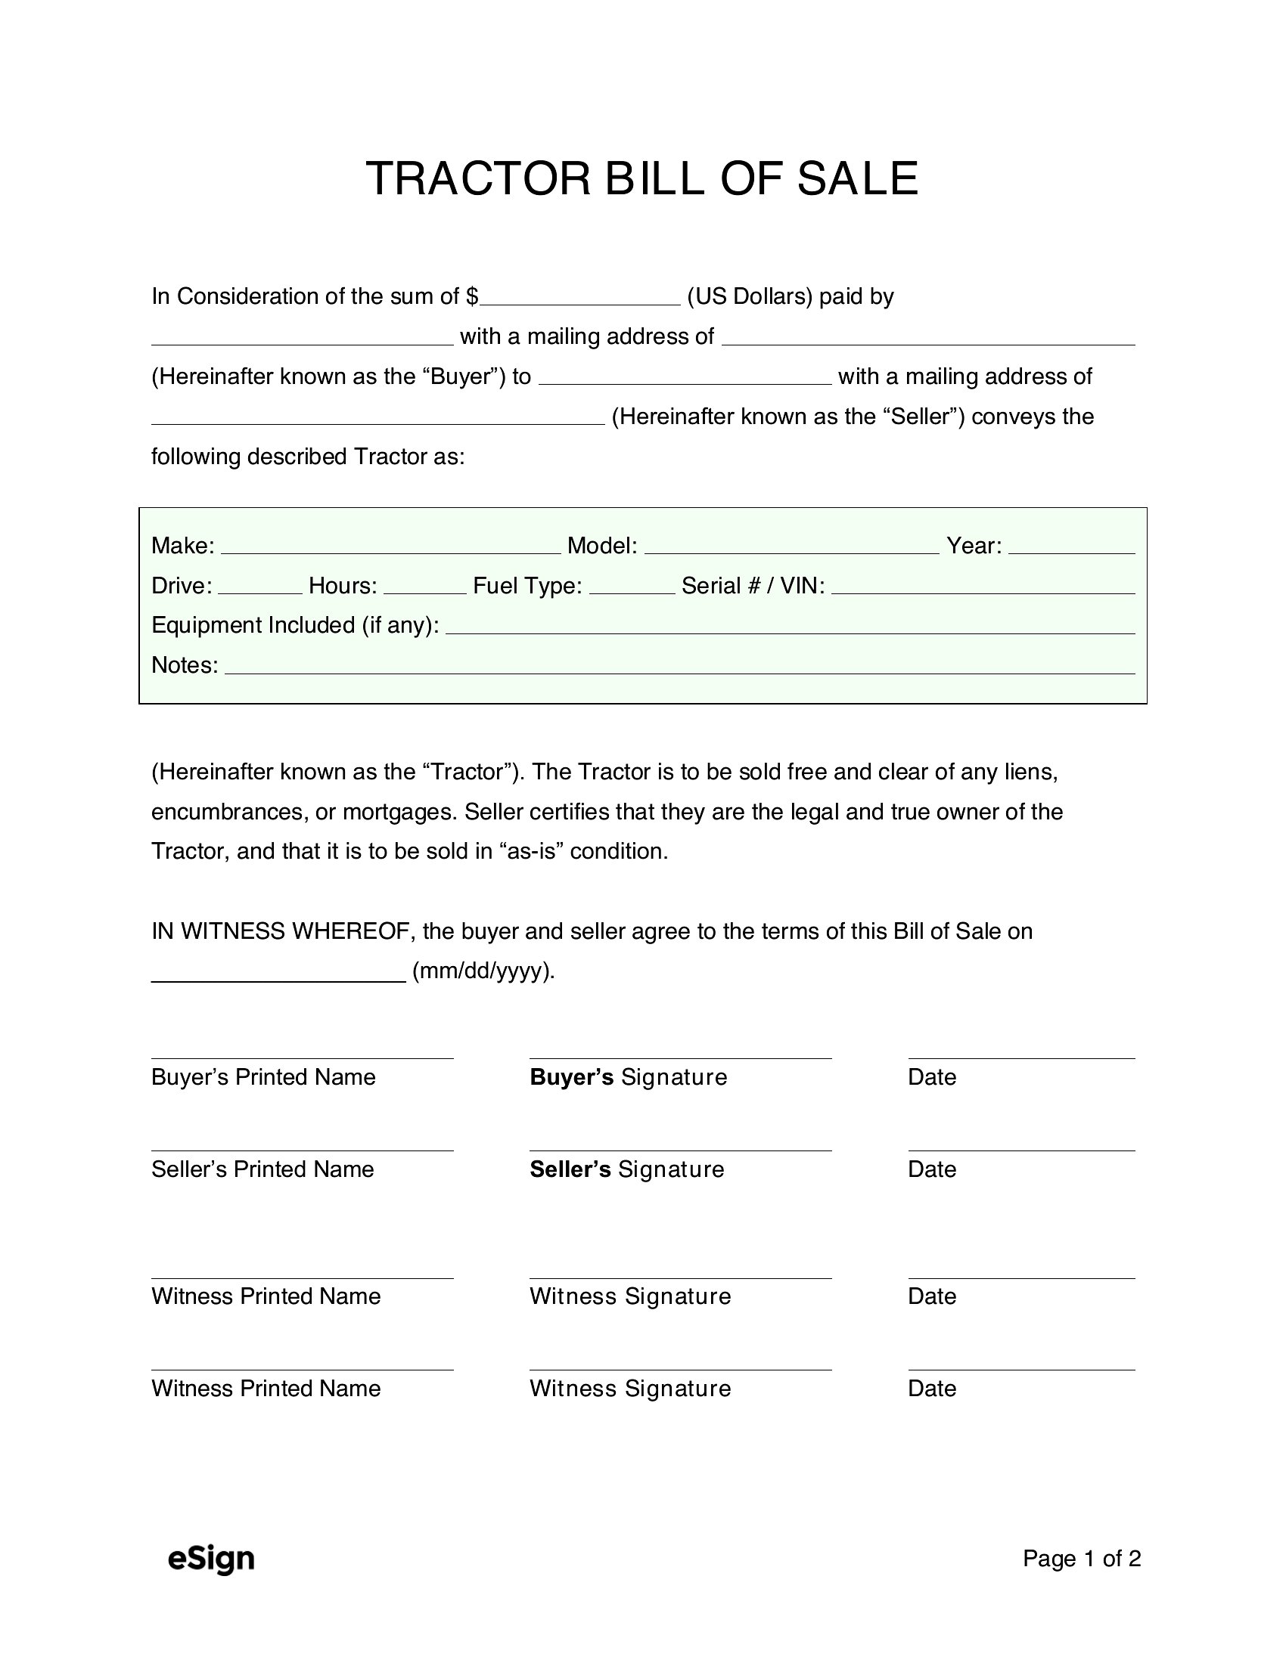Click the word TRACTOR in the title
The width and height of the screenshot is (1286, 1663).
point(478,179)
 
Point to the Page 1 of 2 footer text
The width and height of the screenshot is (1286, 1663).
point(1081,1558)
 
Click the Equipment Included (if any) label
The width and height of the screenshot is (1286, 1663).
point(295,625)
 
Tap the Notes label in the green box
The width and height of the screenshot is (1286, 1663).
point(185,665)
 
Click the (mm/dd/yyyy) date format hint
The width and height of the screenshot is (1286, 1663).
point(484,971)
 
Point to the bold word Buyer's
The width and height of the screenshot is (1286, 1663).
point(571,1076)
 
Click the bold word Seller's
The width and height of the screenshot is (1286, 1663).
point(570,1169)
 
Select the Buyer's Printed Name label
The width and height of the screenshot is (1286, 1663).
point(263,1076)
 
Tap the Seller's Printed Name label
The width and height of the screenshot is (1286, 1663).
point(262,1169)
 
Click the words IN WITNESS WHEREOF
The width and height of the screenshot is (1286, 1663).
point(282,931)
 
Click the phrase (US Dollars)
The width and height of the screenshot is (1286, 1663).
point(750,296)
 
